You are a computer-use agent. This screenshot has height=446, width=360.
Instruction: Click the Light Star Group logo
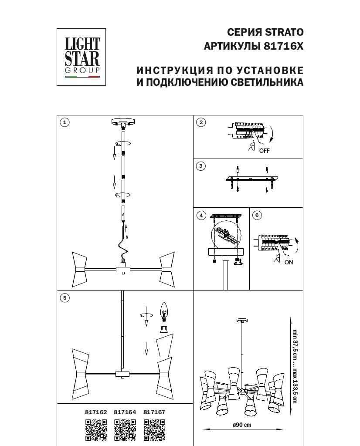(82, 57)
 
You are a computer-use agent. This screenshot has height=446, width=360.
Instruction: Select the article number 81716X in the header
(281, 46)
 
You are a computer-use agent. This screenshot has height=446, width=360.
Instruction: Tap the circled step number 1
(65, 122)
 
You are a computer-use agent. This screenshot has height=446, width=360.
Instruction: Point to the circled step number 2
(201, 122)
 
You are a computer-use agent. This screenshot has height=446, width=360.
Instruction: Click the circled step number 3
(200, 166)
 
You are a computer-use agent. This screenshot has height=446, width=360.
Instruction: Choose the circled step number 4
(201, 215)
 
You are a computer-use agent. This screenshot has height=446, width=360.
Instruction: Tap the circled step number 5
(65, 298)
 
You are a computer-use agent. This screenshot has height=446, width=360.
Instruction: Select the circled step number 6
(257, 215)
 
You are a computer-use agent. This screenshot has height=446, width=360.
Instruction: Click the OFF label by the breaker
(265, 151)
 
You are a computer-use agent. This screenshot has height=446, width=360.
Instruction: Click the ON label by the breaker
(289, 262)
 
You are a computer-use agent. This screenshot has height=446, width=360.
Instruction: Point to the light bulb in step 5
(164, 311)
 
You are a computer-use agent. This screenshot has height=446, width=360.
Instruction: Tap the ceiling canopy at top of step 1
(124, 122)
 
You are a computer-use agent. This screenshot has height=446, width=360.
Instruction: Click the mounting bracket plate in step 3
(252, 179)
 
